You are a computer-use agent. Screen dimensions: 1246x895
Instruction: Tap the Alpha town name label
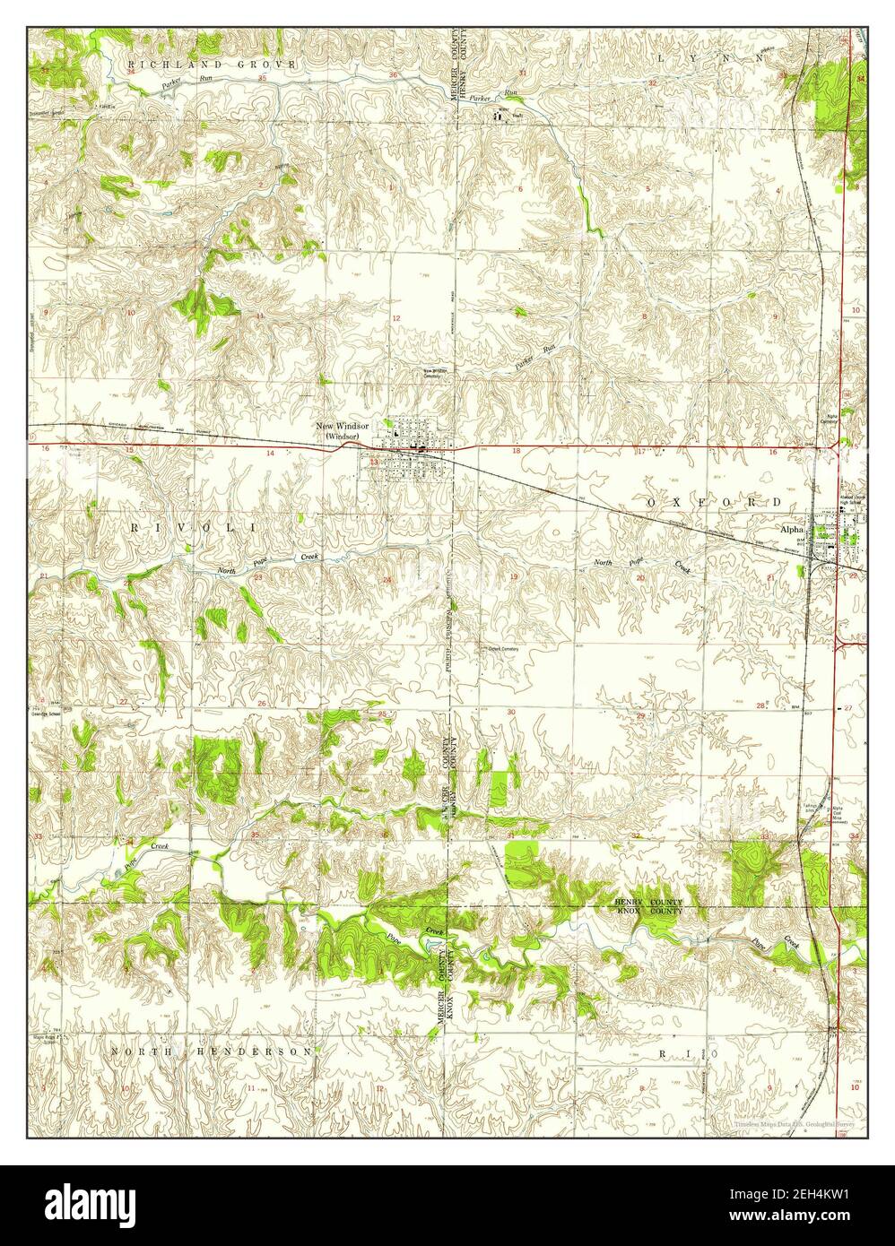(x=792, y=530)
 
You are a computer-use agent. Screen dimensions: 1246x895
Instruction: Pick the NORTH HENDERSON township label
(x=212, y=1050)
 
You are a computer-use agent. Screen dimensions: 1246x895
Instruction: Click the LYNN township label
(x=709, y=56)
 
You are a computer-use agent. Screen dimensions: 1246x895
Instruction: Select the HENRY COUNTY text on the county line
(x=649, y=901)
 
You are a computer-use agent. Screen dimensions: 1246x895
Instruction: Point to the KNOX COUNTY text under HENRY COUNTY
(x=649, y=911)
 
